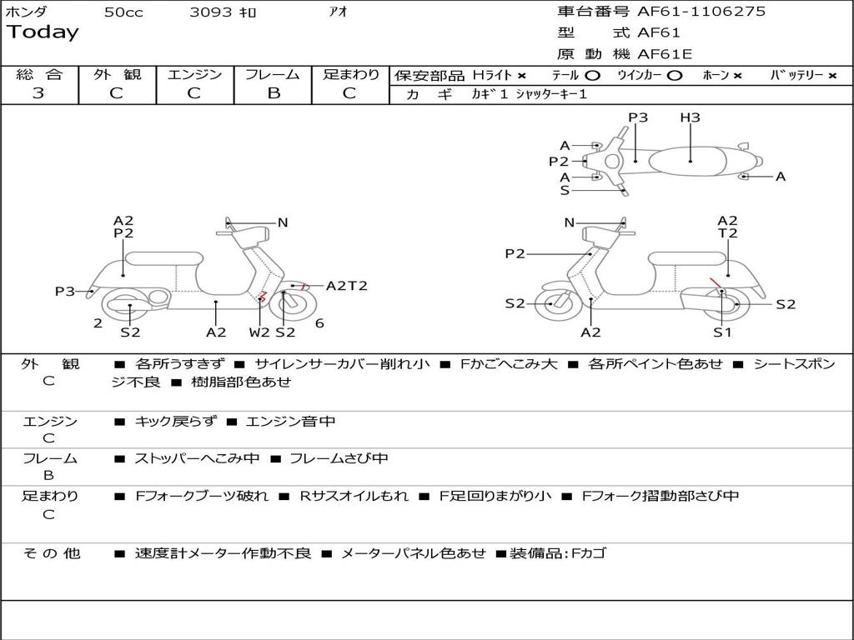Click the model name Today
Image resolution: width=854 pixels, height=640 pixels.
pyautogui.click(x=43, y=32)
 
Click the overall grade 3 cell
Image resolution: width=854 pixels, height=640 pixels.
pyautogui.click(x=38, y=93)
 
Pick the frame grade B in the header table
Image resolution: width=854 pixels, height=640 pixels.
pyautogui.click(x=274, y=93)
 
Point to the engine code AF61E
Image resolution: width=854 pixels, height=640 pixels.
pyautogui.click(x=665, y=55)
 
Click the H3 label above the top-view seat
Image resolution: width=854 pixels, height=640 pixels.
pyautogui.click(x=690, y=117)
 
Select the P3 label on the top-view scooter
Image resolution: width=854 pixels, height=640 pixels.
pyautogui.click(x=638, y=117)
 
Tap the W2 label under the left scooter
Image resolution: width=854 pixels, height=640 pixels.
pyautogui.click(x=259, y=332)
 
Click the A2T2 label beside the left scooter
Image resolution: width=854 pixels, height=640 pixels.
pyautogui.click(x=346, y=286)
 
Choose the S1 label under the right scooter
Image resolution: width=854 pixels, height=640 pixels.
pyautogui.click(x=722, y=332)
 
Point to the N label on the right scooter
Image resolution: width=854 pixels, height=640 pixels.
pyautogui.click(x=570, y=222)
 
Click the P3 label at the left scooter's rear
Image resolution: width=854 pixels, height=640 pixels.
pyautogui.click(x=65, y=292)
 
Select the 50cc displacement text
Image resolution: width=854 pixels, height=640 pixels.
pyautogui.click(x=123, y=12)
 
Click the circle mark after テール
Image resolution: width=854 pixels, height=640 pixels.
pyautogui.click(x=592, y=75)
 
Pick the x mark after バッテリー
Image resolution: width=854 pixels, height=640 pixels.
pyautogui.click(x=831, y=75)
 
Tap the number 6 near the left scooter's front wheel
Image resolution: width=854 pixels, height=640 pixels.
pyautogui.click(x=319, y=323)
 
